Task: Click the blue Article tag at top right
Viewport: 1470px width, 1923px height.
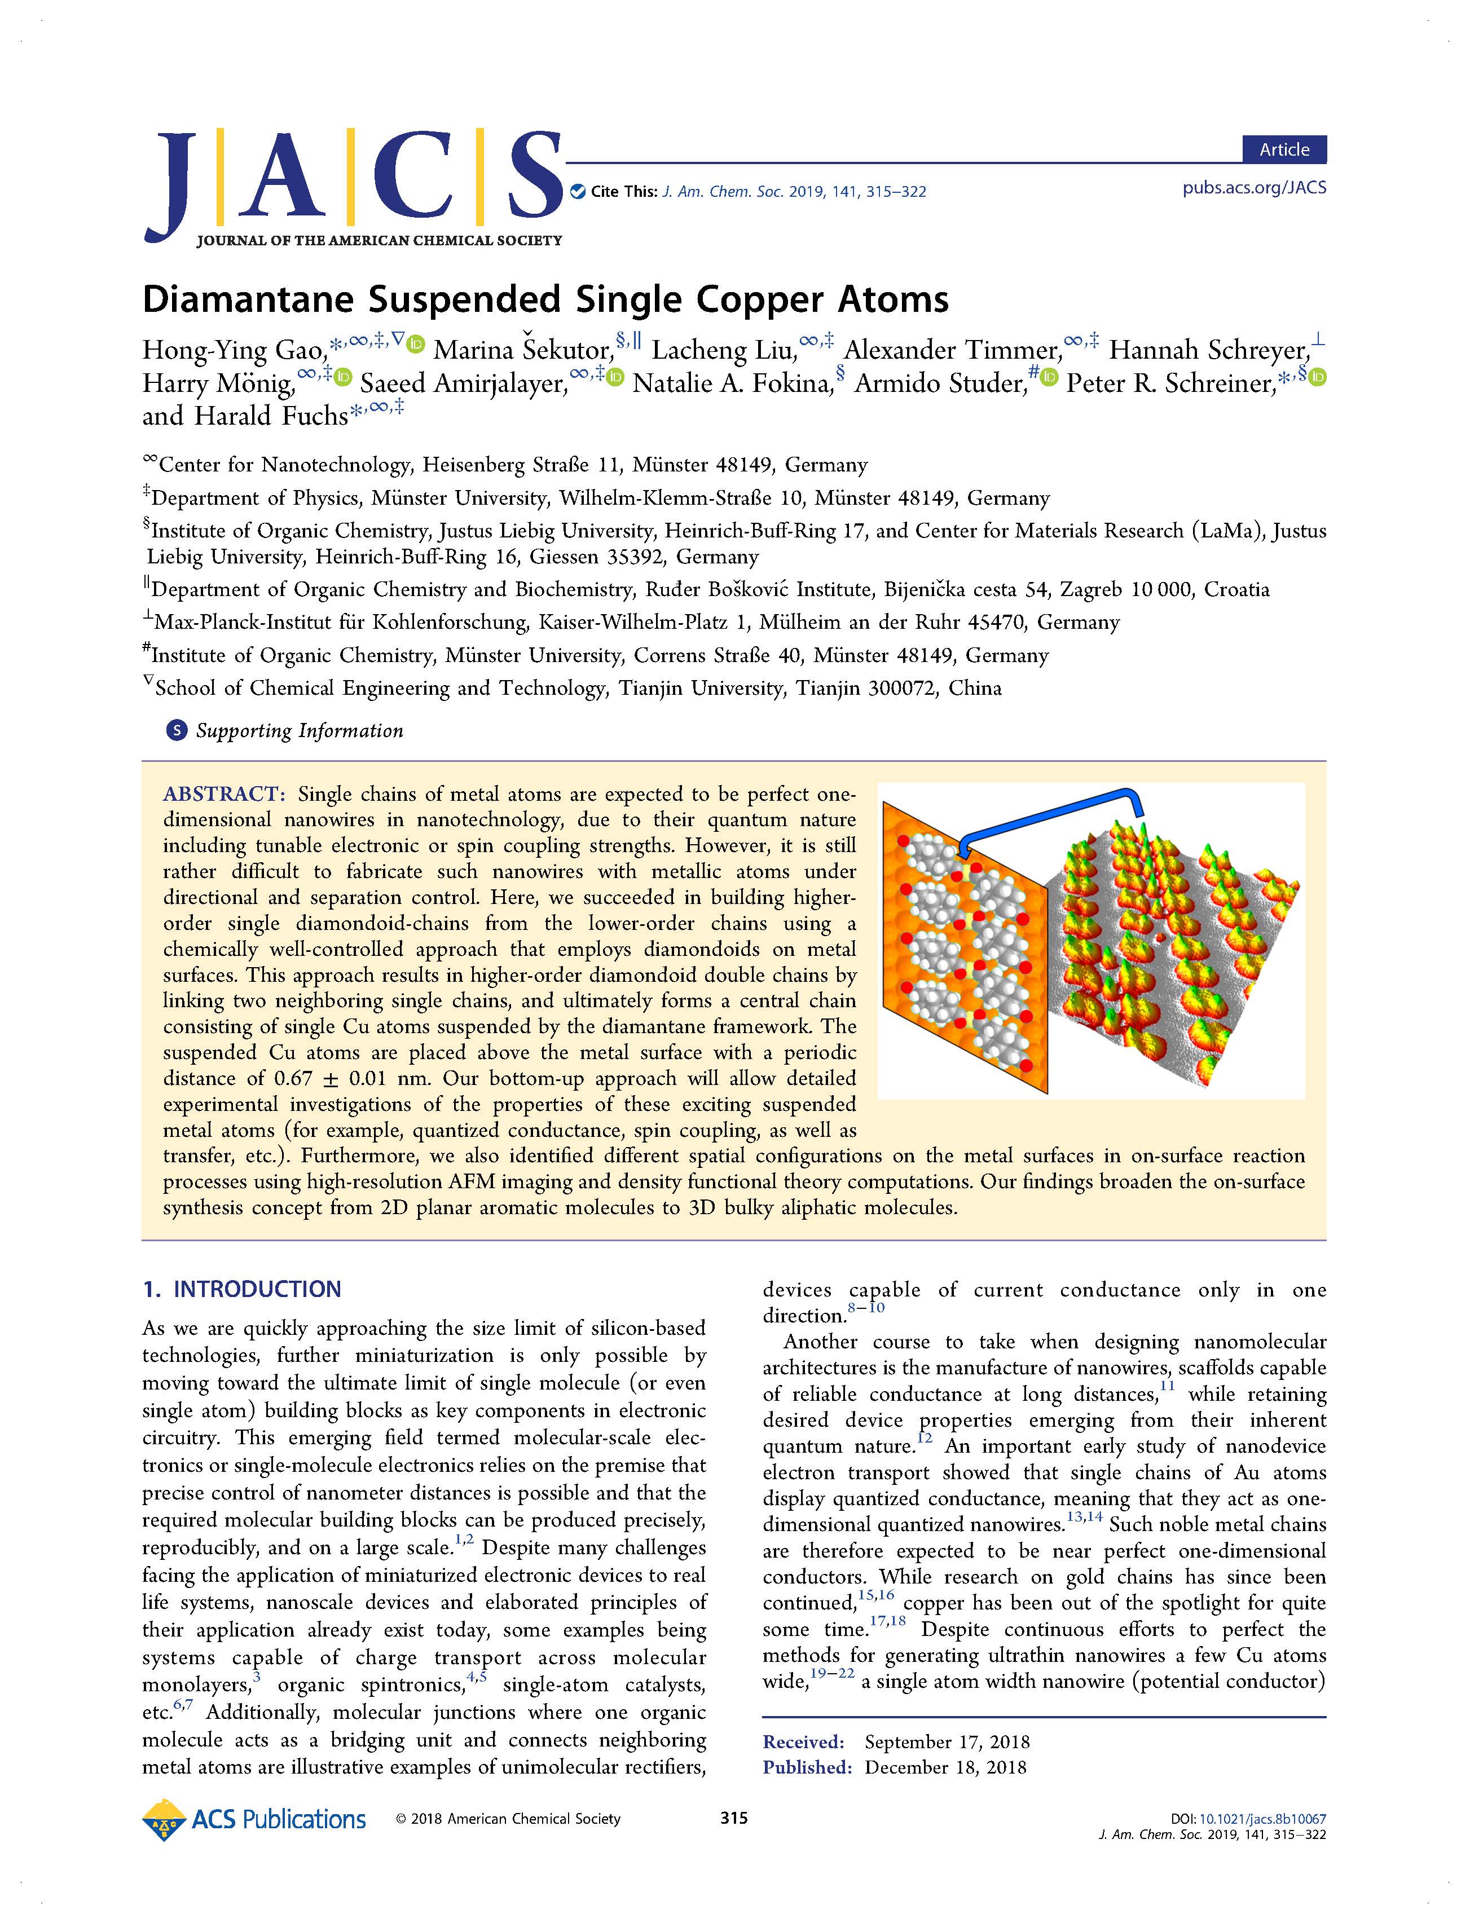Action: tap(1284, 149)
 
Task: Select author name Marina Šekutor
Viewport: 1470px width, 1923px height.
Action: tap(523, 350)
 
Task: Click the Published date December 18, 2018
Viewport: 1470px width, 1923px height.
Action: tap(945, 1767)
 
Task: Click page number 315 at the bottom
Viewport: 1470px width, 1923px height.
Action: tap(733, 1818)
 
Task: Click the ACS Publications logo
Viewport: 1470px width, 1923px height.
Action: tap(254, 1820)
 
